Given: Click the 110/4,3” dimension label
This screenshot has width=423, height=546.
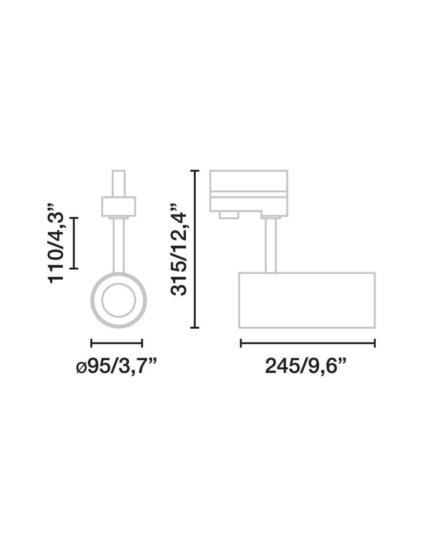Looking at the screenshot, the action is coord(56,243).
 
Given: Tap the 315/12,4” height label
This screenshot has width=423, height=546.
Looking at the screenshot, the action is coord(179,250).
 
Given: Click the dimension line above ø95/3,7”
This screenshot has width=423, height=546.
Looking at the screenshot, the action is coord(117,343).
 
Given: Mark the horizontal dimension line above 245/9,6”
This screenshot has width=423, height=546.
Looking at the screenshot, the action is coord(308,343).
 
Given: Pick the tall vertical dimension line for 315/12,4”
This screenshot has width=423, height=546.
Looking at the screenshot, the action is coord(195,249).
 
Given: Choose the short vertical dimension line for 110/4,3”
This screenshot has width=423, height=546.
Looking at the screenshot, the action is coord(74,243).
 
